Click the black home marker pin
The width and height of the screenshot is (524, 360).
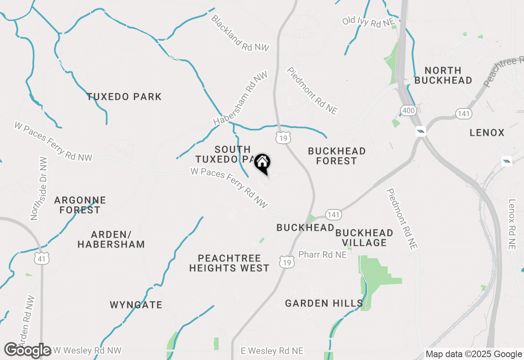[262, 164]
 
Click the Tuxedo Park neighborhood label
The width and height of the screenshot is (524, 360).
[124, 97]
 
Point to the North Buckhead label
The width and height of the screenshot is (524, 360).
[443, 75]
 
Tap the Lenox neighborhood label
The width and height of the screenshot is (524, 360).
[487, 133]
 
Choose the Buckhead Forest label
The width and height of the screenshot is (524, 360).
[337, 156]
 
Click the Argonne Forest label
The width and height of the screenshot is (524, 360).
[80, 205]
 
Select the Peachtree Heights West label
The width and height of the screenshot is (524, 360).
[229, 263]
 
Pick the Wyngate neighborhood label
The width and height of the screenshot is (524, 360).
[136, 305]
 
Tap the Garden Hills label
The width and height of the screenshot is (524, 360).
[324, 304]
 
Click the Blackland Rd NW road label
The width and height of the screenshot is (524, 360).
[240, 34]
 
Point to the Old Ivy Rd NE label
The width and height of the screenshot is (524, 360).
[367, 22]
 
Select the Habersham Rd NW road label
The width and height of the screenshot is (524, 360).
[240, 99]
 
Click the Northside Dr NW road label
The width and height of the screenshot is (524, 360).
[39, 189]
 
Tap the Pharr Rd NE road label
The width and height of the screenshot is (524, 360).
[323, 255]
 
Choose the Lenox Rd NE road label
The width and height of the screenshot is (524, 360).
[512, 224]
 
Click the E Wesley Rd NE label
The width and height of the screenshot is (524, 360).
[272, 351]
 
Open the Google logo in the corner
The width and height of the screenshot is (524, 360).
[27, 351]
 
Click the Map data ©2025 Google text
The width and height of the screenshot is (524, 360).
[474, 354]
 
